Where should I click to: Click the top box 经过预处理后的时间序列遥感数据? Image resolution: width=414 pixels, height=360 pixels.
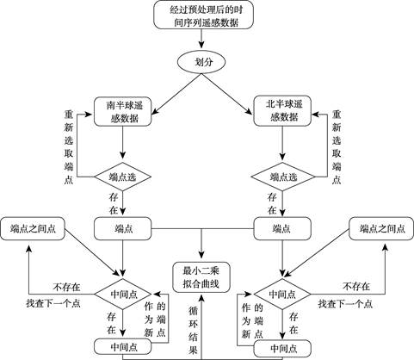point(203,15)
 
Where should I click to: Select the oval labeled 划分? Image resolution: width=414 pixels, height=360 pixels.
point(201,62)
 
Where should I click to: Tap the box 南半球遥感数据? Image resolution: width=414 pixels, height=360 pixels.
point(123,111)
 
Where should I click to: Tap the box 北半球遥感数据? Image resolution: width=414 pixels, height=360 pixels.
point(282,111)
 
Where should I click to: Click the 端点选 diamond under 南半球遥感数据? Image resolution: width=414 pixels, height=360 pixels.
point(123,177)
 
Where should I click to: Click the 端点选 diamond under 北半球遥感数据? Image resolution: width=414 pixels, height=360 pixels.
point(282,177)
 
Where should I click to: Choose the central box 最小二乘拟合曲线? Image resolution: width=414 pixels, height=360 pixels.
point(201,277)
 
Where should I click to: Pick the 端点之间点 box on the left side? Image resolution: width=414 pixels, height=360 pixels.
point(33,228)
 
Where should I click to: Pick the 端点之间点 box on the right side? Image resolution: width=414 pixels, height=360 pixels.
point(381,228)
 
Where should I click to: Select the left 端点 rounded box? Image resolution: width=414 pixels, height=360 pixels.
point(123,228)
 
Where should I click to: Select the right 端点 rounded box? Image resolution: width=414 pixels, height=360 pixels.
point(282,228)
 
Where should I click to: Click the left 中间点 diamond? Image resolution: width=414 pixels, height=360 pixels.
point(123,294)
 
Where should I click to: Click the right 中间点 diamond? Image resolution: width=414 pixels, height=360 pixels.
point(282,294)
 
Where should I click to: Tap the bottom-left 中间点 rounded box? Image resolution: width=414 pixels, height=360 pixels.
point(123,347)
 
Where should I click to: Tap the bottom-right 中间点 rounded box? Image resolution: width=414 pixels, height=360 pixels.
point(282,348)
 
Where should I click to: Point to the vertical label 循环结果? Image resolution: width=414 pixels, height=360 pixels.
point(193,331)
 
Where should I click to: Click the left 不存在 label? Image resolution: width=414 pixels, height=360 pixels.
point(66,287)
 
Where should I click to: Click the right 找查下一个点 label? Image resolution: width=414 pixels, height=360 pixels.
point(345,304)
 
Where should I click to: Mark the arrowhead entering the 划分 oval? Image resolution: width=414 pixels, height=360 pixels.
point(201,45)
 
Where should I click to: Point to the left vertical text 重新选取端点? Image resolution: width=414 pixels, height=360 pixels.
point(69,147)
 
